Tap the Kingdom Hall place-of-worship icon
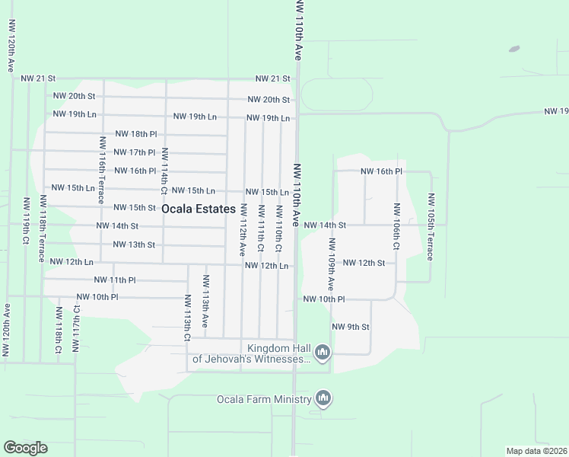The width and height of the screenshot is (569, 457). pos(323,352)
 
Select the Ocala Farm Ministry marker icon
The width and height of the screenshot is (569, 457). pos(323,398)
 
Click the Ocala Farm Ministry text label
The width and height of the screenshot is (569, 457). pos(264,399)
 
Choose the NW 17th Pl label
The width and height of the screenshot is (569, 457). pos(134,152)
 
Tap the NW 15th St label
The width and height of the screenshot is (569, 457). pos(135,207)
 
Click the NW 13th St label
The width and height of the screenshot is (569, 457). pos(134,244)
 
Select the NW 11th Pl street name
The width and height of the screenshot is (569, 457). pos(114,280)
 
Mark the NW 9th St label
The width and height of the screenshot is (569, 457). pos(351,327)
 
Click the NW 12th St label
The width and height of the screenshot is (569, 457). pos(364,263)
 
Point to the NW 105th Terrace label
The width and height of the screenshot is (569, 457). pos(431,227)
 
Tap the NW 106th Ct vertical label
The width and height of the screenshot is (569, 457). pos(396,227)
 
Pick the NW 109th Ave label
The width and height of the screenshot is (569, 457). pos(332,264)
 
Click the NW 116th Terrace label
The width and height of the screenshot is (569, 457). pos(102,170)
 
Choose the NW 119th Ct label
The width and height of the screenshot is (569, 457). pos(26,221)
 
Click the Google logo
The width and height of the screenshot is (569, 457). pos(25,448)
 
